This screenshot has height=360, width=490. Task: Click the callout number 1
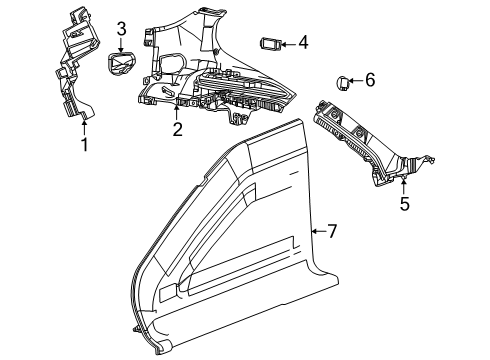(85, 145)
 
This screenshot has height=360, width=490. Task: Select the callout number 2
(177, 128)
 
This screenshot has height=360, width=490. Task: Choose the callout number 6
(369, 79)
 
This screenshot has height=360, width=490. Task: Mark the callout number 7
(332, 231)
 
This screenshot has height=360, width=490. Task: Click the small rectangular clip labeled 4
(271, 43)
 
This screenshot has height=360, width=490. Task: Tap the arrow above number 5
(404, 183)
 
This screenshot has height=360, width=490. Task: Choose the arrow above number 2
(177, 110)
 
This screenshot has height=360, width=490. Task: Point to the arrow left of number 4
(287, 43)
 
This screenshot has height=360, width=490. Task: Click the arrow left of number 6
(355, 80)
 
